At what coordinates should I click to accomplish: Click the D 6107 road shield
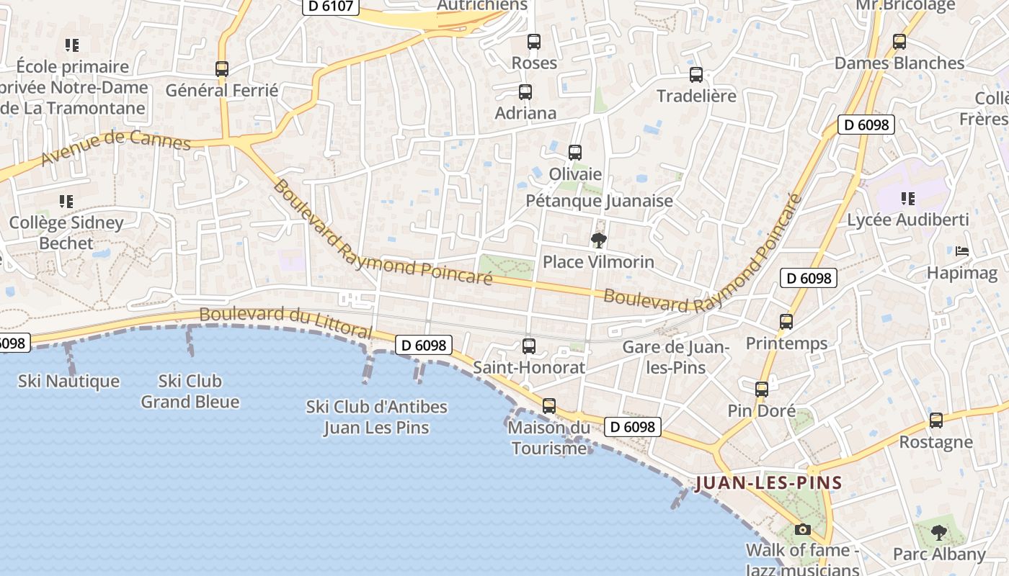pyautogui.click(x=330, y=6)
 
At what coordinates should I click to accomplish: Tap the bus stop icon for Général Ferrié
pyautogui.click(x=222, y=69)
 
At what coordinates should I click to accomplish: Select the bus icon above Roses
pyautogui.click(x=533, y=42)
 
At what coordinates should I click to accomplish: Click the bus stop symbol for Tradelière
pyautogui.click(x=696, y=75)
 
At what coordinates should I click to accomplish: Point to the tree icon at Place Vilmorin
pyautogui.click(x=598, y=240)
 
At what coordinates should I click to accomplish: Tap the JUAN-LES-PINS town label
pyautogui.click(x=769, y=482)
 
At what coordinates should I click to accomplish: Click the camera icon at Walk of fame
pyautogui.click(x=802, y=530)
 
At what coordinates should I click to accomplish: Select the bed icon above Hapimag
pyautogui.click(x=962, y=251)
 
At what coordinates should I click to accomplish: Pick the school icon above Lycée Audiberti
pyautogui.click(x=908, y=198)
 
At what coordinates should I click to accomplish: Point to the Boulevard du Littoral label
pyautogui.click(x=285, y=323)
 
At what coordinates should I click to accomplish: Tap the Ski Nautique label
pyautogui.click(x=68, y=381)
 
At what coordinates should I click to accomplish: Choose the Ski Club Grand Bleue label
pyautogui.click(x=190, y=391)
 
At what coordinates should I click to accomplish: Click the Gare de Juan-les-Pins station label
pyautogui.click(x=676, y=357)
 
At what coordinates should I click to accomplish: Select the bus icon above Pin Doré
pyautogui.click(x=762, y=390)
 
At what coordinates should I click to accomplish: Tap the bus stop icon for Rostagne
pyautogui.click(x=936, y=420)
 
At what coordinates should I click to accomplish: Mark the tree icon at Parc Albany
pyautogui.click(x=938, y=533)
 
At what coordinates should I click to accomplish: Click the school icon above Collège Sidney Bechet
pyautogui.click(x=66, y=202)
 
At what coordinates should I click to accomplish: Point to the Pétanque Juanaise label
pyautogui.click(x=599, y=201)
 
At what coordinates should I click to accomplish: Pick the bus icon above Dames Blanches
pyautogui.click(x=899, y=42)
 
